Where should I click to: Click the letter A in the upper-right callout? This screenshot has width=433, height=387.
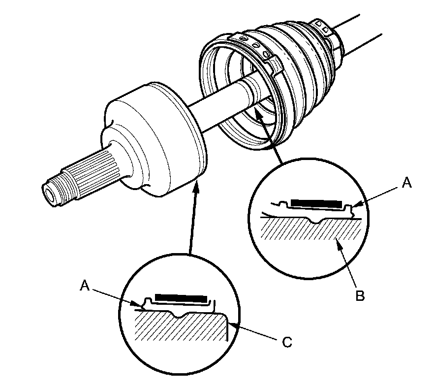(406, 183)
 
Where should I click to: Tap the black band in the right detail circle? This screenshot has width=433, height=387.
(316, 203)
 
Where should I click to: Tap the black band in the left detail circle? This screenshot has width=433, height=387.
(181, 298)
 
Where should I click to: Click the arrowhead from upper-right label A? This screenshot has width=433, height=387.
(358, 204)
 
